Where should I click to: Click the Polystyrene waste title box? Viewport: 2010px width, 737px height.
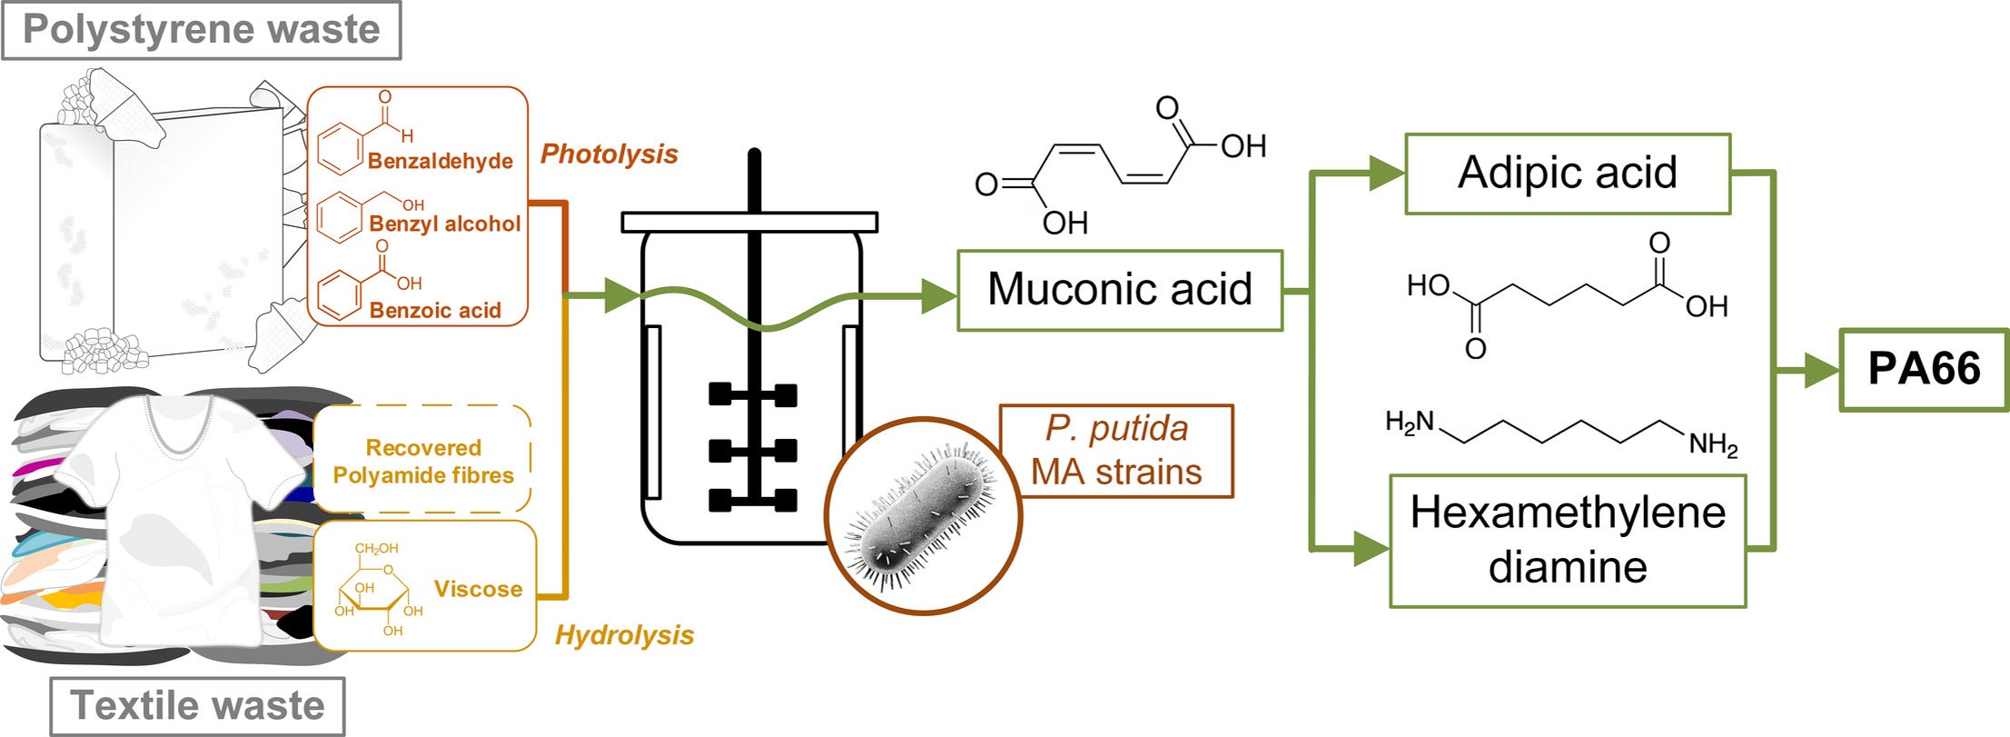pos(201,30)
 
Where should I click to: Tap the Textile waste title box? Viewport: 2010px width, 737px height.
pos(197,705)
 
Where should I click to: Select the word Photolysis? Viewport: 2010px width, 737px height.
pos(609,154)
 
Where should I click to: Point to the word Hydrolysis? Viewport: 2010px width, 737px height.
pos(625,634)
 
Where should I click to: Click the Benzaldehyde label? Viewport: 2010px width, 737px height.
pos(441,161)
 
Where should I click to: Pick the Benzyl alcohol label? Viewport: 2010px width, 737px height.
pos(445,224)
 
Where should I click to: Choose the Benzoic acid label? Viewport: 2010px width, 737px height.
pos(435,310)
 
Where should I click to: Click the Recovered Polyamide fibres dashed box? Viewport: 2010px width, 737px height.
pos(422,461)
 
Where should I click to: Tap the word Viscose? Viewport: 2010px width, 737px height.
pos(479,589)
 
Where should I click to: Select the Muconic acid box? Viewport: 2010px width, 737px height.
pos(1120,290)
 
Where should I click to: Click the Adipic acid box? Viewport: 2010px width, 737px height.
pos(1568,174)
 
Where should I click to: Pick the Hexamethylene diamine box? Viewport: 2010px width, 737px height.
pos(1568,540)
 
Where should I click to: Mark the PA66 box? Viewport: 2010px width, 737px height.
pos(1924,369)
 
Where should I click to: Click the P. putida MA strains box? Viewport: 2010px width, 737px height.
pos(1116,451)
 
